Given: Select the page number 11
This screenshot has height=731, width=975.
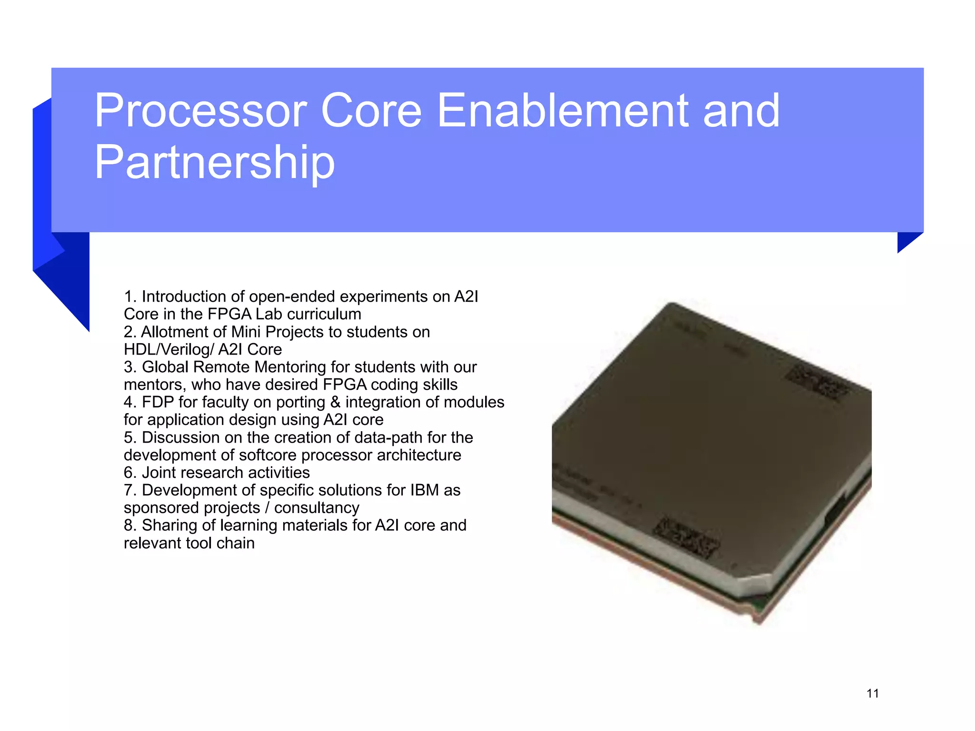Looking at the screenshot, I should point(872,693).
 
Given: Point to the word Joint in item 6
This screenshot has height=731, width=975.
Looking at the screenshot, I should point(159,473).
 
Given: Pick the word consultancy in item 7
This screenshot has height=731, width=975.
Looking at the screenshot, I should point(317,508).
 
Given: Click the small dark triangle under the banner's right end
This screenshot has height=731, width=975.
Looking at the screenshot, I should point(905,240).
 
